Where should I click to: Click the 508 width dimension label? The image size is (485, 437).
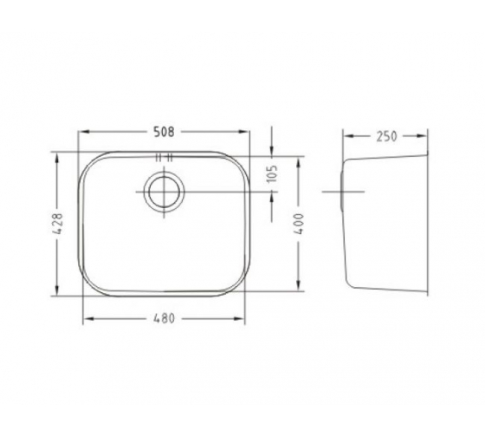coord(164,132)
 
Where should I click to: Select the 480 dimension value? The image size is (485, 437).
coord(164,318)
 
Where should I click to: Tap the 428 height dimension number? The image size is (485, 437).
coord(57,223)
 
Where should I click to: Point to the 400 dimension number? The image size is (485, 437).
coord(298,224)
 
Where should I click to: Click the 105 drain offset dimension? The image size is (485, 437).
coord(272,173)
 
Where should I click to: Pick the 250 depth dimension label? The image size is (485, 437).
coord(386,136)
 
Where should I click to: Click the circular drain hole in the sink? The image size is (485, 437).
coord(164,192)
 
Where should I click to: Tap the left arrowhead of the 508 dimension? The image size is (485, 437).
coord(84,132)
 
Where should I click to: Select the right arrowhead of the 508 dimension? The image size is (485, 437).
coord(243,132)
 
